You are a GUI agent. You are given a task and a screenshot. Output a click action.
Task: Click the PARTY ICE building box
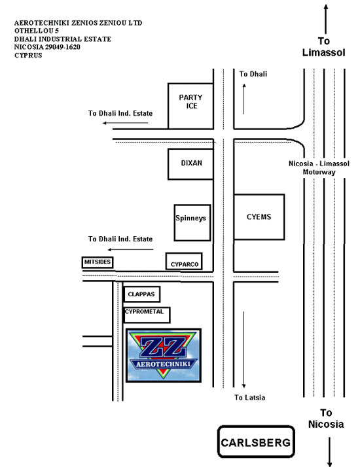tap(190, 106)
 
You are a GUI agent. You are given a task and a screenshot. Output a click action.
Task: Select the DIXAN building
tap(190, 164)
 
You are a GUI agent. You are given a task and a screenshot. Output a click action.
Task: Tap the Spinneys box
tap(192, 222)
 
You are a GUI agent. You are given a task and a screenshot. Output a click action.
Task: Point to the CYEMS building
tap(259, 217)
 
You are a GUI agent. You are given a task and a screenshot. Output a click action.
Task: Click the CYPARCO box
tap(184, 262)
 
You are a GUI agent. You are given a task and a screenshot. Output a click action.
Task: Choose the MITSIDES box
tap(98, 262)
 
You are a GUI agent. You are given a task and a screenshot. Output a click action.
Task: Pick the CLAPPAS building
tap(141, 294)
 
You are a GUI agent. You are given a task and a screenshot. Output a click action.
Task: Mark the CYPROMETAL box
tap(147, 315)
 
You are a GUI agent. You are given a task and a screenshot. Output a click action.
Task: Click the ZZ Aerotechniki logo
tap(164, 355)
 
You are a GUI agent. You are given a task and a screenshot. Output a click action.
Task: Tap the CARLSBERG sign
tap(256, 441)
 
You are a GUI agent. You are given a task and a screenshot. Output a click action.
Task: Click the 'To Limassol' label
tap(323, 46)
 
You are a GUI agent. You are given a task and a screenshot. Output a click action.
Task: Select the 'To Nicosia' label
tap(326, 418)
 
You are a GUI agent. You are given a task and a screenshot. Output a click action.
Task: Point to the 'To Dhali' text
tap(253, 74)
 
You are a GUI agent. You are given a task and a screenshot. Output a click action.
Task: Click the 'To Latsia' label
tap(249, 397)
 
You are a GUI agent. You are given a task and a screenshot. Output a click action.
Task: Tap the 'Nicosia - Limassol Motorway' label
tap(319, 167)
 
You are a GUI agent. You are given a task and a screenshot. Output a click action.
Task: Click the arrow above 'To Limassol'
tap(326, 19)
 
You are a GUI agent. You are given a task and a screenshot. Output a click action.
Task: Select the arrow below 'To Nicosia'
tap(329, 451)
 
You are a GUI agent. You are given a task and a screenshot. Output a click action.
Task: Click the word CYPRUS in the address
tap(28, 56)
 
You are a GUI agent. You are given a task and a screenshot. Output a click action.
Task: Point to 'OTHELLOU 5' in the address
tap(37, 31)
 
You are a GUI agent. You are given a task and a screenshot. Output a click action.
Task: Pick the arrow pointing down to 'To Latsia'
tap(243, 350)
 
